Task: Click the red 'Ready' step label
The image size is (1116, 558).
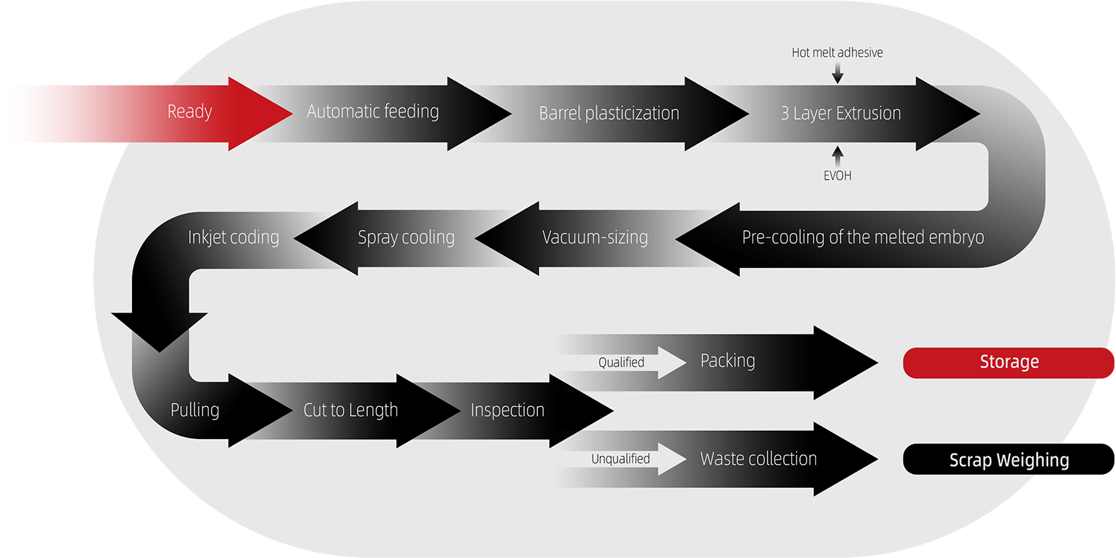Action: coord(190,112)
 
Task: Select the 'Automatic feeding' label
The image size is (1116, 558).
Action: coord(372,112)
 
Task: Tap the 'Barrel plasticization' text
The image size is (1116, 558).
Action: coord(609,113)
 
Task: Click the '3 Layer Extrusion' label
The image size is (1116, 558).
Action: coord(841,113)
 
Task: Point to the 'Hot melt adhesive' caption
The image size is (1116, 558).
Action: coord(837,53)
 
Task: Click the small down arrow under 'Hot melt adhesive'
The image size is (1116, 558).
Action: coord(837,72)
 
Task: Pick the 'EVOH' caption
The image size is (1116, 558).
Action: coord(837,175)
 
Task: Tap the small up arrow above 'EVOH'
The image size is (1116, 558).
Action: coord(837,155)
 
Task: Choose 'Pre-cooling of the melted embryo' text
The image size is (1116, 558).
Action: coord(863,237)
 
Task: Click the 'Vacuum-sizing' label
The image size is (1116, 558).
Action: coord(595,237)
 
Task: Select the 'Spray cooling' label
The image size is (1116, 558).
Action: coord(406,237)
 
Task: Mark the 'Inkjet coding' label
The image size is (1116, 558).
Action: coord(234,237)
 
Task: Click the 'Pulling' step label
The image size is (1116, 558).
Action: coord(195,410)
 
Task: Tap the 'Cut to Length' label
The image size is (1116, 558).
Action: coord(350,410)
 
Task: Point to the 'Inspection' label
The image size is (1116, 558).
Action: coord(507,410)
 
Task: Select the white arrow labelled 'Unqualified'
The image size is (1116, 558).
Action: coord(631,459)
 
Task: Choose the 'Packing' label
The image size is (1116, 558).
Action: coord(728,361)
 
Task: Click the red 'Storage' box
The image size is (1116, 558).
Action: coord(1009,362)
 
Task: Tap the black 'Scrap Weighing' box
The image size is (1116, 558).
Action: coord(1009,460)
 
